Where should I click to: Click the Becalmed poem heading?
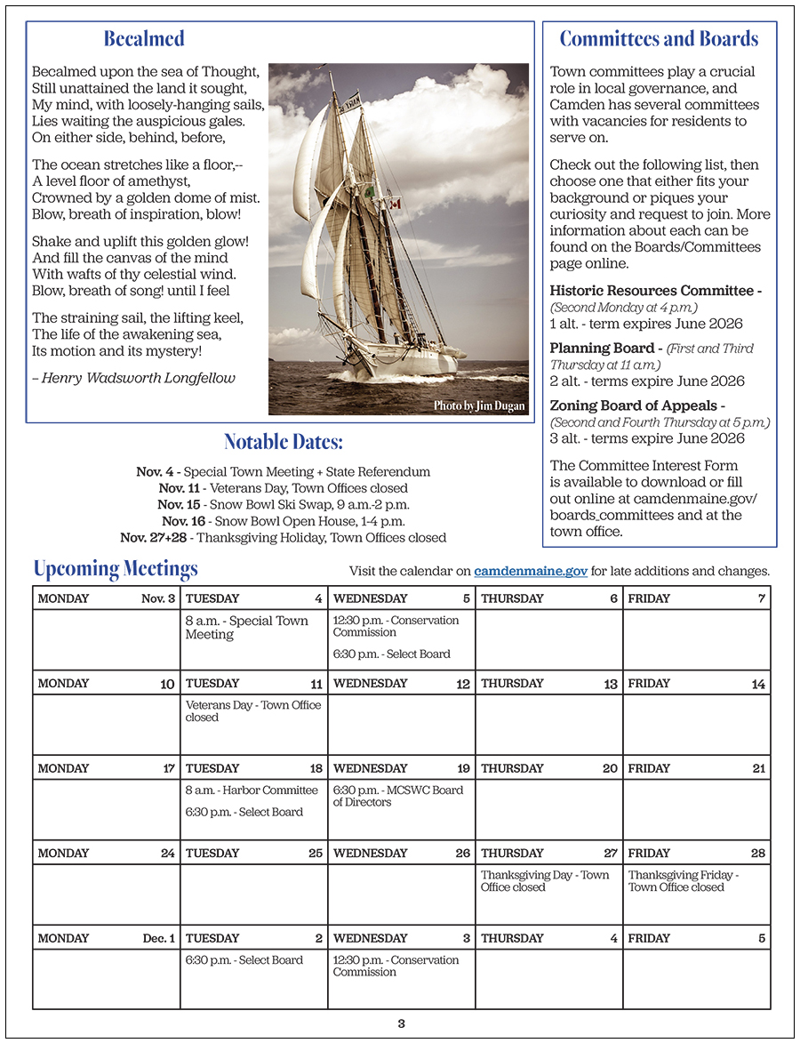(144, 38)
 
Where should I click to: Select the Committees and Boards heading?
(659, 38)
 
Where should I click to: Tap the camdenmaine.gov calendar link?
(531, 571)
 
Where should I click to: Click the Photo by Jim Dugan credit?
(480, 405)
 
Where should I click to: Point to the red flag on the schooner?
(395, 204)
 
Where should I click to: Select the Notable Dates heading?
(283, 442)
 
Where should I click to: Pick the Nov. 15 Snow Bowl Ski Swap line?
(283, 504)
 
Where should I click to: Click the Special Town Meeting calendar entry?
(246, 627)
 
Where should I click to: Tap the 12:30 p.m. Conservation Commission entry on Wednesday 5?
(396, 626)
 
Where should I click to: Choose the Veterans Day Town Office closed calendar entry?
(253, 710)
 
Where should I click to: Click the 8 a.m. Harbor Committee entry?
(251, 790)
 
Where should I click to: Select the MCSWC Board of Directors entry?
(397, 796)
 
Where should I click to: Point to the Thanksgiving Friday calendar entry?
(683, 880)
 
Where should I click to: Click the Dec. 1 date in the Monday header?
(159, 938)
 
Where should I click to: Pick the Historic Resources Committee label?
(655, 291)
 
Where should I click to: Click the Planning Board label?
(603, 348)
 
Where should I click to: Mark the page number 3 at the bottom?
(401, 1023)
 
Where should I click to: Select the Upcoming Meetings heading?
(116, 569)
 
